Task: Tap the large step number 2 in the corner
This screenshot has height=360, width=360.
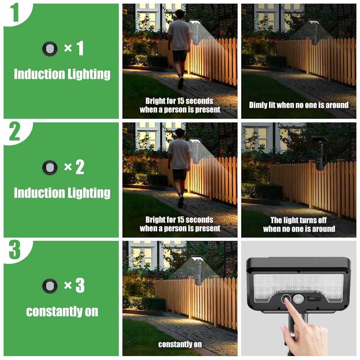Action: point(15,131)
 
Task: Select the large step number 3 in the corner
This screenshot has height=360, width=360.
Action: point(15,249)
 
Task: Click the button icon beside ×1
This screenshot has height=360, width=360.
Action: point(50,49)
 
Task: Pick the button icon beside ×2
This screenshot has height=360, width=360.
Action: point(50,168)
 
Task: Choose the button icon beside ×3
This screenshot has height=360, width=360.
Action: point(50,286)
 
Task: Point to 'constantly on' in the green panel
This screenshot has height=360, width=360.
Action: point(62,311)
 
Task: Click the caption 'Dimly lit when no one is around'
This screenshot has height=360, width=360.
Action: point(299,105)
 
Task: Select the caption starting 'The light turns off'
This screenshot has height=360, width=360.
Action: point(299,224)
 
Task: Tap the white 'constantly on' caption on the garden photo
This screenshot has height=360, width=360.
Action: point(180,344)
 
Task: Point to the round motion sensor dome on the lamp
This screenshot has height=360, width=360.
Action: point(298,299)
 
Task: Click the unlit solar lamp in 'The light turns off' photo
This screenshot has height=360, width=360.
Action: point(321,152)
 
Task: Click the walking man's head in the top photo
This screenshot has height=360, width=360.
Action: point(180,15)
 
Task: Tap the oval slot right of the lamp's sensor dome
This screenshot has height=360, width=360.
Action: point(314,299)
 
